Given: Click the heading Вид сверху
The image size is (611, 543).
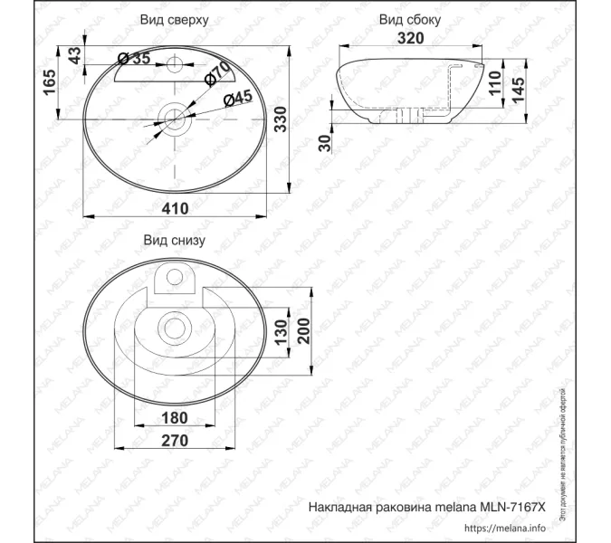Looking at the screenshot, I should [x=176, y=19].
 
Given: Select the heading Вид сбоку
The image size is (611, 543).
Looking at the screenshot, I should [x=410, y=19].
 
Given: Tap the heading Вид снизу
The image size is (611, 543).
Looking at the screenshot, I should [x=174, y=241].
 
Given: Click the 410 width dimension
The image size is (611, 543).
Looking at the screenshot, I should [x=175, y=208].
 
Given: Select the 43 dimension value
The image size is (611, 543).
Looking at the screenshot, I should [x=75, y=54].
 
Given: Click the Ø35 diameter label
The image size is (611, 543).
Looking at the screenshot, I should [x=134, y=60].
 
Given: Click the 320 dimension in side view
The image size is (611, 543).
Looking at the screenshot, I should [x=412, y=39].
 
